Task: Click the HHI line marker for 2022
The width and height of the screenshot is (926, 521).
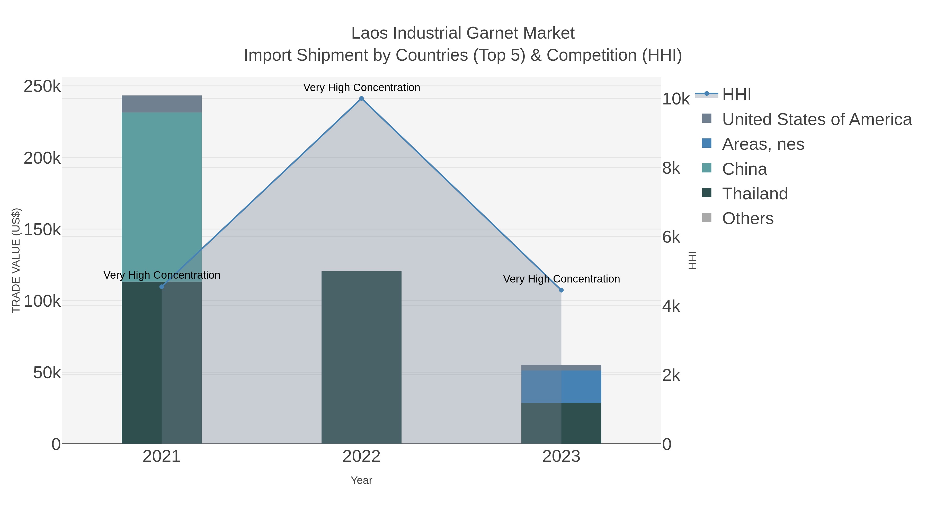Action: [x=361, y=99]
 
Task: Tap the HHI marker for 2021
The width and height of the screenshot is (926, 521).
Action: [x=161, y=287]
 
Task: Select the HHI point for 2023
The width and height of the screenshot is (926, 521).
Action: [x=561, y=290]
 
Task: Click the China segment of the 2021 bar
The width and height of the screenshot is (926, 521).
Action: [x=161, y=194]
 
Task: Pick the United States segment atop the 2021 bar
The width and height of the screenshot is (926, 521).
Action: [x=161, y=104]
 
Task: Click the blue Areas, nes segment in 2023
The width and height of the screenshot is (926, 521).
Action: [x=561, y=386]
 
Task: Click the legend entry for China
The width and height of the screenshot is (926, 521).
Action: [x=744, y=169]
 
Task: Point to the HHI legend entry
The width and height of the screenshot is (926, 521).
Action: [x=736, y=95]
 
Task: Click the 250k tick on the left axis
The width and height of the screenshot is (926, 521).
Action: [x=42, y=87]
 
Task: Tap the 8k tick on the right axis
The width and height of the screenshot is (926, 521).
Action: [x=671, y=168]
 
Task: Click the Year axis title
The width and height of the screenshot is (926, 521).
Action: [x=361, y=480]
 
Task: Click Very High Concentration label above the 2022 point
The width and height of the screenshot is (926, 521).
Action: [x=361, y=87]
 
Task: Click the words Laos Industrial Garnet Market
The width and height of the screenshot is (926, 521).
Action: [x=463, y=33]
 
